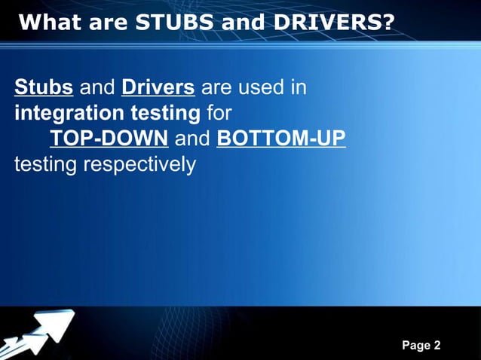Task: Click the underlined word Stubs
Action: coord(44,88)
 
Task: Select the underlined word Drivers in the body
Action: coord(158,88)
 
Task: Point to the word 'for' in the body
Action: coord(219,114)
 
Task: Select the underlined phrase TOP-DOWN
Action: coord(109,139)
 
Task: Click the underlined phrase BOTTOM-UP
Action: coord(281,139)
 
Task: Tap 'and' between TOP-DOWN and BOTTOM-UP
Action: coord(191,139)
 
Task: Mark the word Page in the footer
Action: coord(415,346)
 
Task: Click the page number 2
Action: coord(437,346)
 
